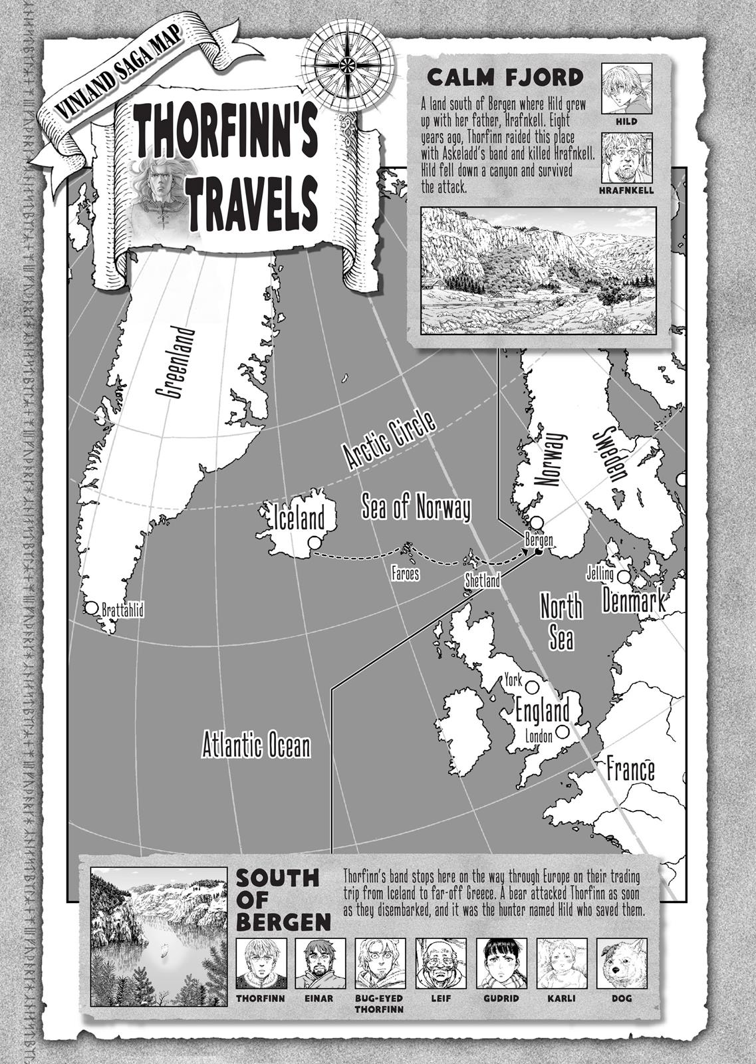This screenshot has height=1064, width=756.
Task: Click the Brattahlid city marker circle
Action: click(x=91, y=608)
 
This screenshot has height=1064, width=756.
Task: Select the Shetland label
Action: click(x=482, y=581)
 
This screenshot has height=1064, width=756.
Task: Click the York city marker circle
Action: click(x=532, y=684)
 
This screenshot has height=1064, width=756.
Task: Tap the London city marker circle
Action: click(x=563, y=731)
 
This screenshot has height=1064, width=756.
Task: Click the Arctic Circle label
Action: click(x=390, y=442)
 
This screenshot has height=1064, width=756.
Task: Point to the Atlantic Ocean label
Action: click(x=256, y=745)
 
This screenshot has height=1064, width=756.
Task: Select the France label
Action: click(x=630, y=770)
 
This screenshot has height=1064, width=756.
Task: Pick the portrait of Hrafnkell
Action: click(x=627, y=158)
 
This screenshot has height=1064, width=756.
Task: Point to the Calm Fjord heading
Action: click(x=505, y=77)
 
